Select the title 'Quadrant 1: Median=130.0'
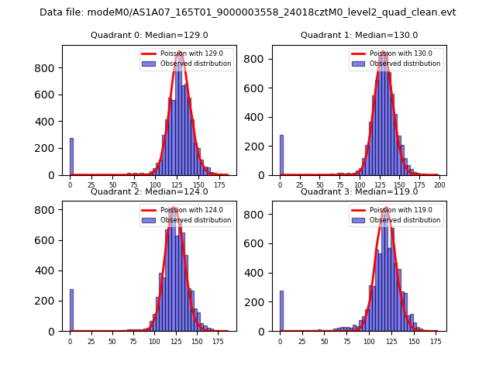coord(359,35)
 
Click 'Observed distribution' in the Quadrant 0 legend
coord(195,64)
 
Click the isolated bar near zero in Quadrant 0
coord(71,157)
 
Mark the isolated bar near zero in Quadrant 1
coord(281,155)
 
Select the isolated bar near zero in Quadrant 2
coord(71,310)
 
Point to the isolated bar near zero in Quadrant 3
coord(281,311)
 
